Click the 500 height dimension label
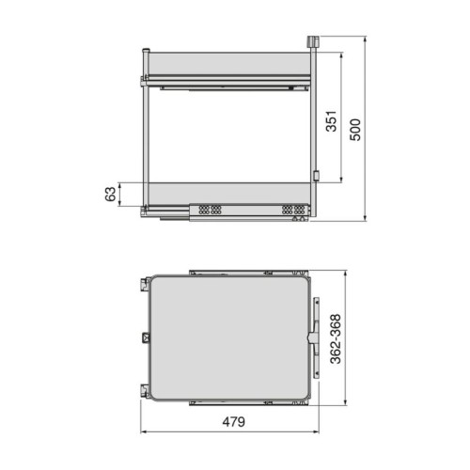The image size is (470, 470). tap(355, 130)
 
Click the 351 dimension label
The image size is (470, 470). tap(331, 121)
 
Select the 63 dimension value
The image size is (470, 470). tap(110, 195)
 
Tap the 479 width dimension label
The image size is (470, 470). tap(234, 422)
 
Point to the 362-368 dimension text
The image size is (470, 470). tap(336, 339)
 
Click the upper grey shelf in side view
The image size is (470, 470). tap(228, 64)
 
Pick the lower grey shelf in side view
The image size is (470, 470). tap(229, 194)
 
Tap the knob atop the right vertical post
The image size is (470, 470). tap(313, 42)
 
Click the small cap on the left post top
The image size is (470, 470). tap(146, 50)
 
